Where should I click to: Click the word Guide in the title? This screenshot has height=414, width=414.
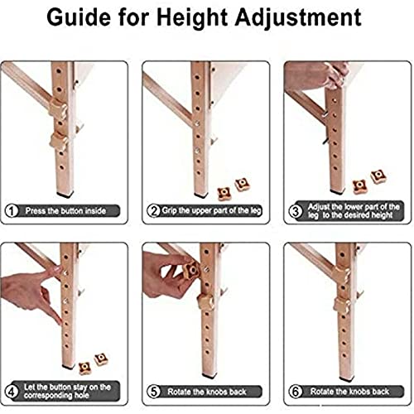(x=79, y=17)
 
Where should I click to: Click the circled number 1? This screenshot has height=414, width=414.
(x=12, y=211)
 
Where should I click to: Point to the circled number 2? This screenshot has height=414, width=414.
(x=153, y=211)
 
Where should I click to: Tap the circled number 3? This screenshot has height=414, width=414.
(x=296, y=212)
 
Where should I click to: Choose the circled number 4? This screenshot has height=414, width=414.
(x=12, y=392)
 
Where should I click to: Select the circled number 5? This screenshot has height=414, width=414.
(x=153, y=392)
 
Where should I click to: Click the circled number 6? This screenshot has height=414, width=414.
(x=296, y=392)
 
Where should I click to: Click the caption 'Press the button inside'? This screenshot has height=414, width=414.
(x=65, y=211)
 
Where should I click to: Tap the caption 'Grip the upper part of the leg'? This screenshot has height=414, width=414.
(x=211, y=211)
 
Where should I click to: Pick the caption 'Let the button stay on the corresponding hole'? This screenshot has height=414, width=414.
(x=67, y=391)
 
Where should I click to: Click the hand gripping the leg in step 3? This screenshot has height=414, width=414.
(x=317, y=76)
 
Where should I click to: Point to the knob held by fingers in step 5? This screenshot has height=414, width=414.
(x=190, y=270)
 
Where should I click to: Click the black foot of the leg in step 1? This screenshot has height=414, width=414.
(x=65, y=195)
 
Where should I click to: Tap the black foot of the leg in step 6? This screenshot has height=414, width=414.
(x=347, y=379)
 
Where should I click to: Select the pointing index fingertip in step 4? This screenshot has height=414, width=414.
(x=60, y=321)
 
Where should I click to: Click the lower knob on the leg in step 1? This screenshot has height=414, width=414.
(x=59, y=142)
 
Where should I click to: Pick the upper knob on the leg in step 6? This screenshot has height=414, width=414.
(x=342, y=275)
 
